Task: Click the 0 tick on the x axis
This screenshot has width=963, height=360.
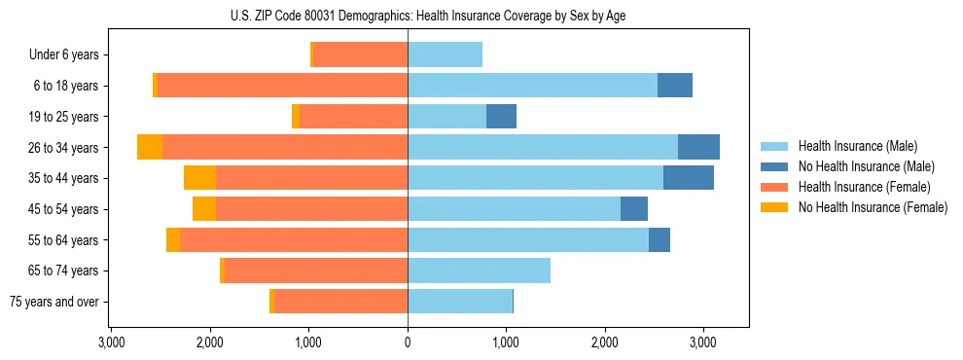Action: pyautogui.click(x=408, y=343)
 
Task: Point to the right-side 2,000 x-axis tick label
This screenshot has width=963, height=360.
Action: pyautogui.click(x=605, y=343)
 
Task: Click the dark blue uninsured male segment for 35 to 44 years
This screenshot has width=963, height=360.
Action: pyautogui.click(x=689, y=178)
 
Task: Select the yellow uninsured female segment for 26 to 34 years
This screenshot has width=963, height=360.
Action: pyautogui.click(x=150, y=147)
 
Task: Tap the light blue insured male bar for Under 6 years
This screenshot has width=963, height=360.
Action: pyautogui.click(x=445, y=55)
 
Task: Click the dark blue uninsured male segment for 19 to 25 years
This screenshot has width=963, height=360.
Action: pyautogui.click(x=501, y=117)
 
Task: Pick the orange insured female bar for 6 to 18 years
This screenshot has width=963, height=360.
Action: pyautogui.click(x=282, y=86)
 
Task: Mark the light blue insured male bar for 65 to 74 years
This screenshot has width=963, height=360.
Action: pyautogui.click(x=479, y=270)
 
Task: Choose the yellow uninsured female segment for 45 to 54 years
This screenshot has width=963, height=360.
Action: pyautogui.click(x=204, y=209)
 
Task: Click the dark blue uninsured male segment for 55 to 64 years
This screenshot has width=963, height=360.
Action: pyautogui.click(x=660, y=239)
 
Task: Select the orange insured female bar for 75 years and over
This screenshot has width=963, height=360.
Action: pyautogui.click(x=340, y=302)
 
